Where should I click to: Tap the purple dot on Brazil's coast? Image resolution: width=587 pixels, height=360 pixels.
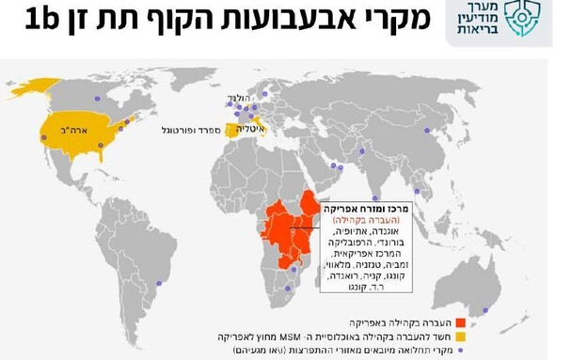[x=159, y=283]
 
